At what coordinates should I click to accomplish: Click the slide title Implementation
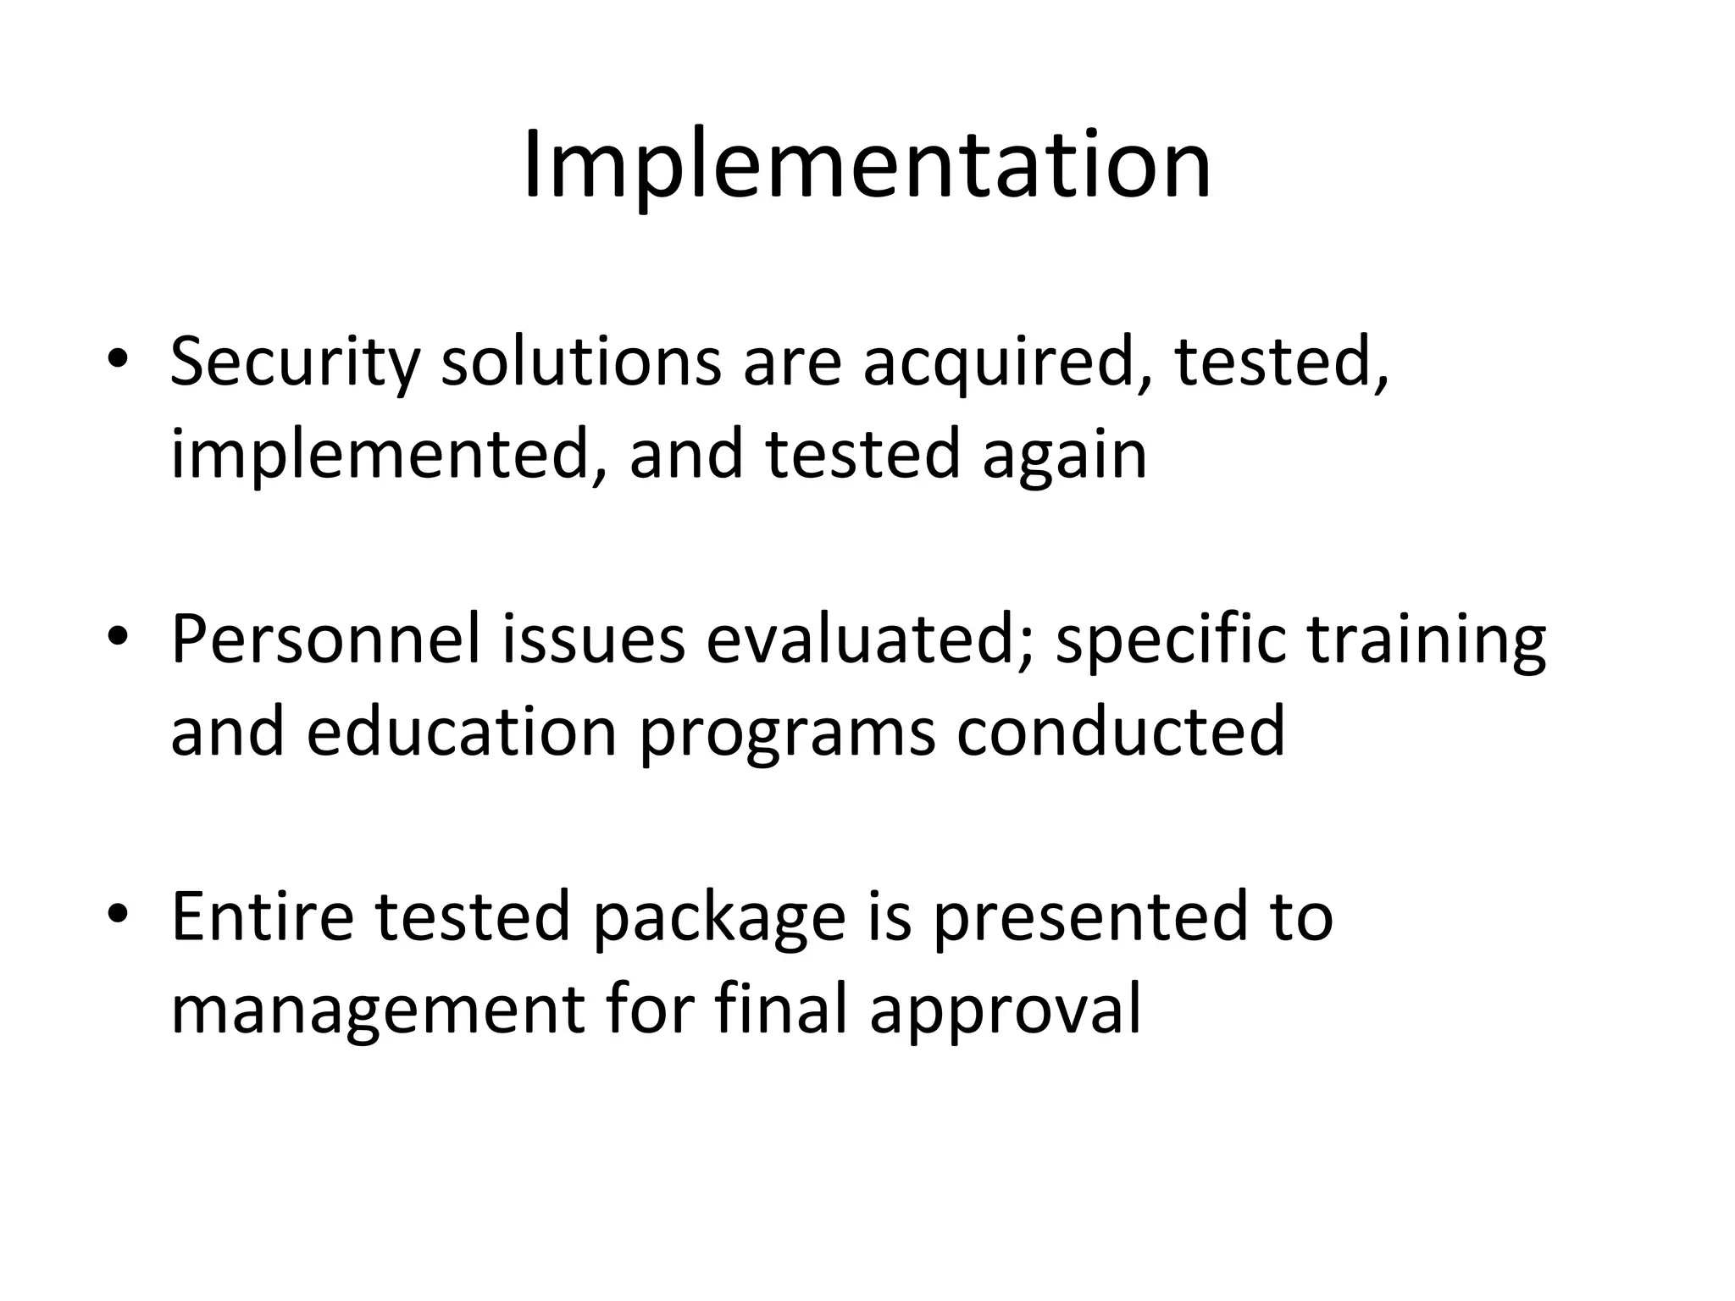867,165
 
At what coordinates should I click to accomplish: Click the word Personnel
326,640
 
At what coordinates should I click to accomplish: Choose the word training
1427,640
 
